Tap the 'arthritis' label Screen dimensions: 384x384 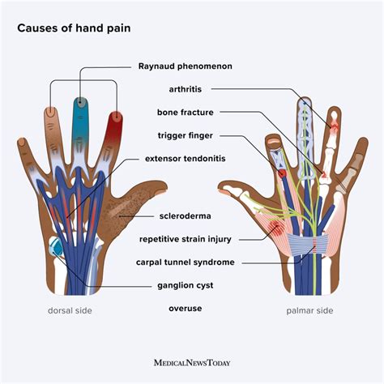point(186,90)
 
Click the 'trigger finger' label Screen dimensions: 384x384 point(186,135)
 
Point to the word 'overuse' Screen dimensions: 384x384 point(186,309)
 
